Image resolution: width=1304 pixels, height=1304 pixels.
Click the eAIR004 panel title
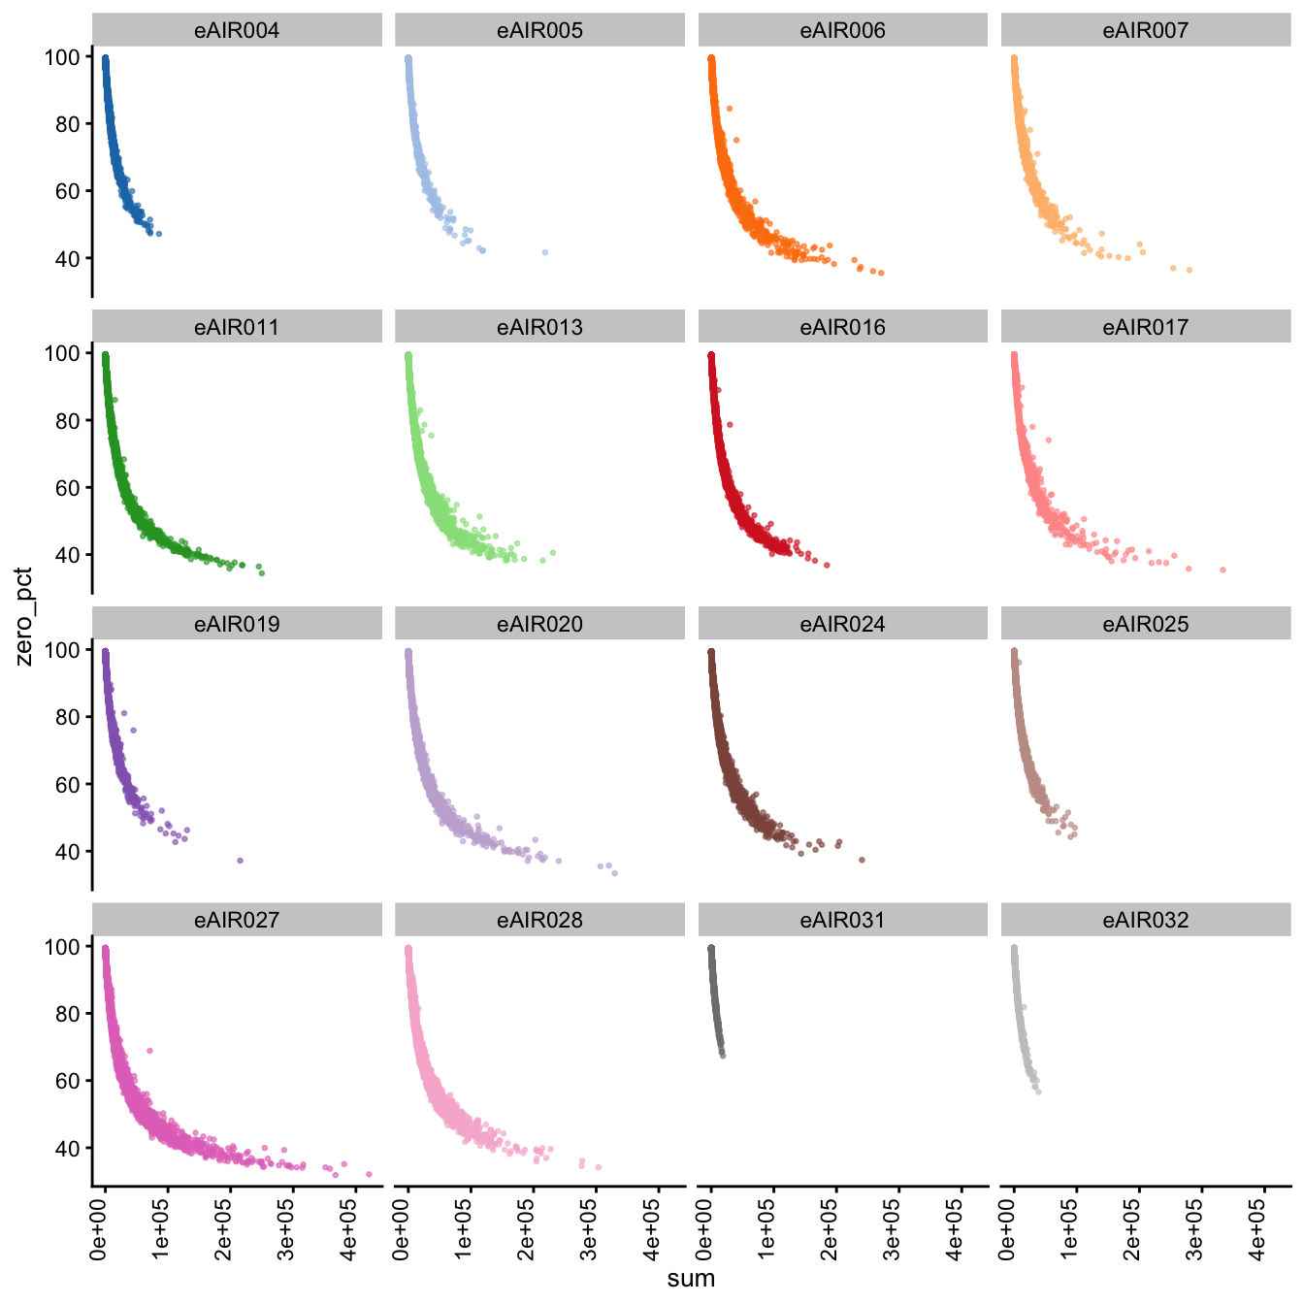(x=237, y=31)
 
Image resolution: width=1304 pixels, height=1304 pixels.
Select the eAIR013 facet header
(x=539, y=327)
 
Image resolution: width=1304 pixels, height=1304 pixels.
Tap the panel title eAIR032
(x=1145, y=920)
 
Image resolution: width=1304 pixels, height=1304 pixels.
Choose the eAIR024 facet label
(x=842, y=624)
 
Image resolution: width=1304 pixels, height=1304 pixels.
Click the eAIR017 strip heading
(x=1145, y=327)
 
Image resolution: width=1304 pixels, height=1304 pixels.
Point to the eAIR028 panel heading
(x=539, y=920)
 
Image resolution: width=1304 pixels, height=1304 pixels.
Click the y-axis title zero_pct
(x=24, y=617)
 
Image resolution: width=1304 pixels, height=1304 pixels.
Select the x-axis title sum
(x=691, y=1279)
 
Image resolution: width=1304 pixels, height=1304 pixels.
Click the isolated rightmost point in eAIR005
(x=545, y=252)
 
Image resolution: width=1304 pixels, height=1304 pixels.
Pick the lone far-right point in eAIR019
(x=240, y=861)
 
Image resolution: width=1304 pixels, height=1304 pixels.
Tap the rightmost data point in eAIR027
(x=369, y=1174)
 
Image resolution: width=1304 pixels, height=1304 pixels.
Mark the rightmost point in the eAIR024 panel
(x=862, y=860)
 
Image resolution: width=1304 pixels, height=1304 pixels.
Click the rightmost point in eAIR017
(x=1222, y=570)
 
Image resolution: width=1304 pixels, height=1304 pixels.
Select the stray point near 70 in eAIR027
(x=149, y=1051)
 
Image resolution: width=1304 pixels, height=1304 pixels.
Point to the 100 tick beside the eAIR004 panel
(x=61, y=57)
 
